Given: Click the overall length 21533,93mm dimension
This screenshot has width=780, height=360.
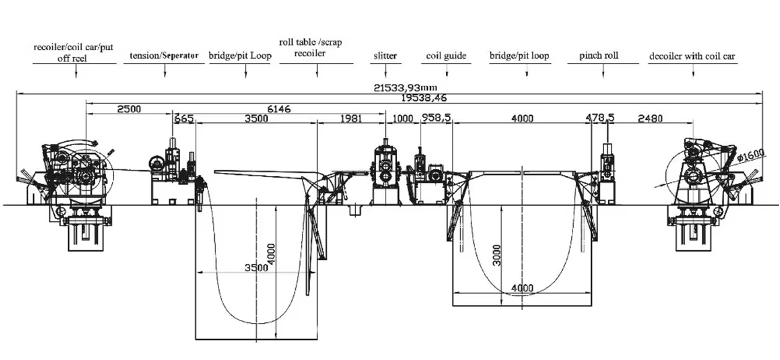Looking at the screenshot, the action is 405,88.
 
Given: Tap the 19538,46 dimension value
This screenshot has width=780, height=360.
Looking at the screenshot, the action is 424,98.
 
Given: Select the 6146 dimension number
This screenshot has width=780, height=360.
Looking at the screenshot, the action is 278,109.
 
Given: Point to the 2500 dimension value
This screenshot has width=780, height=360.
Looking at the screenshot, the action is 129,109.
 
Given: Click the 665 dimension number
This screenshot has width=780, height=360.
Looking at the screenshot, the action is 184,119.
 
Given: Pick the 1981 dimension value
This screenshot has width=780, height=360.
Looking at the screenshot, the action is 350,119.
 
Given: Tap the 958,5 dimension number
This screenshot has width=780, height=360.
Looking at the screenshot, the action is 436,118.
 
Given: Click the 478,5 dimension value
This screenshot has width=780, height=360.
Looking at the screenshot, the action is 599,118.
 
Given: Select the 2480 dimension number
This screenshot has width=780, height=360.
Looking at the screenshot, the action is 650,119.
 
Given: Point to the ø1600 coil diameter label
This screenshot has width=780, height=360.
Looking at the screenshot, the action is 751,155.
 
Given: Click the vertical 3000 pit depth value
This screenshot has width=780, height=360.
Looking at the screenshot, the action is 497,255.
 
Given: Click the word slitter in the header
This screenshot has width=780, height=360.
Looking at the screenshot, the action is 385,56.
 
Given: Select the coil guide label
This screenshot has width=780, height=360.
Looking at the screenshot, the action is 446,56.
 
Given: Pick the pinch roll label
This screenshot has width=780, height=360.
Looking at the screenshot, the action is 599,55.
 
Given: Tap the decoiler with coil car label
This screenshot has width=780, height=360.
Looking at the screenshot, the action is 692,56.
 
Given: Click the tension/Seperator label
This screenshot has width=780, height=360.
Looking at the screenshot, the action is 164,55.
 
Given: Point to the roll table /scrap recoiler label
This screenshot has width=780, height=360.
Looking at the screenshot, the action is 310,47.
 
